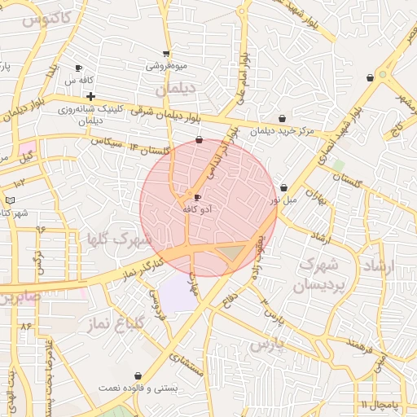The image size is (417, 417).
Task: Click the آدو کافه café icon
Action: pyautogui.click(x=197, y=197)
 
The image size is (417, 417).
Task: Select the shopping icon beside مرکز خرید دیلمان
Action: pyautogui.click(x=283, y=119)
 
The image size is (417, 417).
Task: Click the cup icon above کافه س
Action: pyautogui.click(x=78, y=68)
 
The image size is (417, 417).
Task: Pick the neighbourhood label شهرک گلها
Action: pyautogui.click(x=120, y=239)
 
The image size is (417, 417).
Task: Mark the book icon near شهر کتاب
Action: pyautogui.click(x=10, y=200)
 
